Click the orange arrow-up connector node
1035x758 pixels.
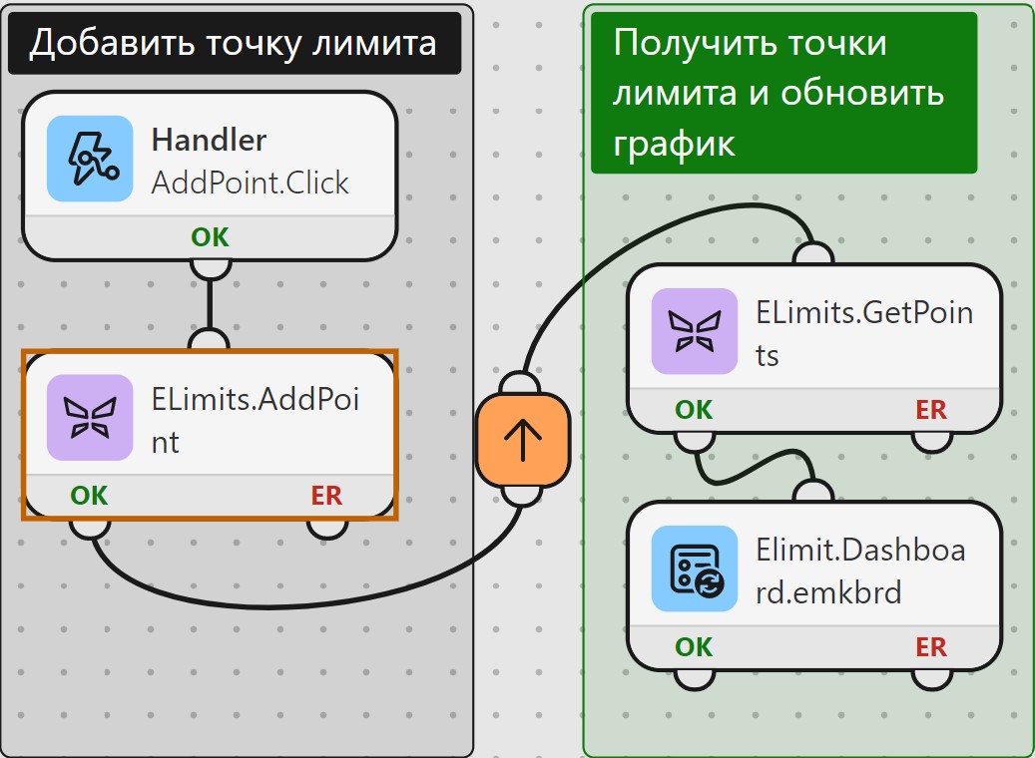point(523,440)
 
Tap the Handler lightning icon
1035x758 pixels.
point(90,159)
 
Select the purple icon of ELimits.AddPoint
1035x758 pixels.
point(90,418)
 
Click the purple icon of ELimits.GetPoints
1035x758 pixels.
point(695,331)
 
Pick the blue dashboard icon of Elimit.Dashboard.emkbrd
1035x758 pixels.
point(695,568)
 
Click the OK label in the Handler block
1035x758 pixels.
point(210,236)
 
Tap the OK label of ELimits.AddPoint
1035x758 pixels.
point(89,496)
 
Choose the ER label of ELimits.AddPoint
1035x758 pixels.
point(326,496)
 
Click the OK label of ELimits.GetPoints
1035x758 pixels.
point(694,410)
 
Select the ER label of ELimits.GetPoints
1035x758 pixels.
point(931,410)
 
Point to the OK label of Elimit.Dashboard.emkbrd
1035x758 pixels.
point(694,647)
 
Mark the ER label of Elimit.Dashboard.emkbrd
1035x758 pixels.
point(931,647)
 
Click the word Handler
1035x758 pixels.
point(209,140)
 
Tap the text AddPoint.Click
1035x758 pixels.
point(251,183)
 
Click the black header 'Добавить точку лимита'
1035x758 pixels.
point(235,43)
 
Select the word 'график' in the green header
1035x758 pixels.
point(674,144)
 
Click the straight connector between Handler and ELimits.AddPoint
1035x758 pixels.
point(210,304)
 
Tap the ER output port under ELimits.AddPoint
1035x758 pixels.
point(326,529)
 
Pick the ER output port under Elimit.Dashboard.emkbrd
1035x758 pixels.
point(931,679)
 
